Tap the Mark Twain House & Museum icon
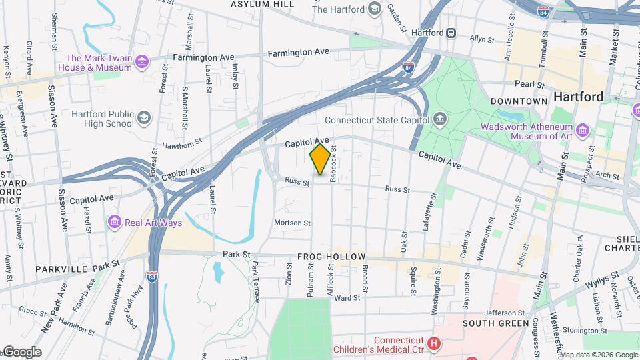coord(141,63)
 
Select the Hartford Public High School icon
coord(144,119)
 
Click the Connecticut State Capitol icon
coord(440,120)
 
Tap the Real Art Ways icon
coord(114,222)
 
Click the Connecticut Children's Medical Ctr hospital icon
coord(434,345)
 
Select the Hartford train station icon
coord(451,33)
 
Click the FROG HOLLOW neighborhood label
coord(331,257)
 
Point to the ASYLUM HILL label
coord(262,4)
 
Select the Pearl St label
coord(530,85)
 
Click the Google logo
coord(21,352)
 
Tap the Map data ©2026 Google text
coord(599,355)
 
